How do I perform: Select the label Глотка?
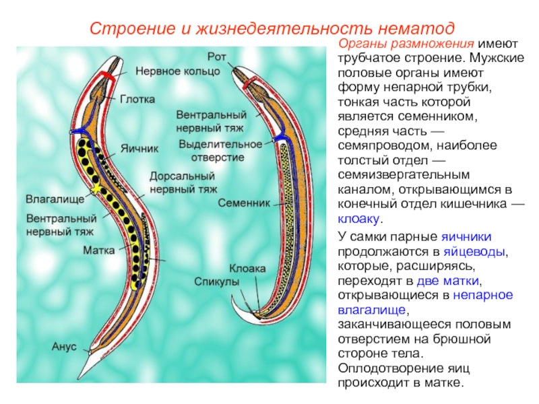point(137,99)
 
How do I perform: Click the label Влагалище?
point(55,200)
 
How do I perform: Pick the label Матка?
point(99,250)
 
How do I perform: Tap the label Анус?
point(64,347)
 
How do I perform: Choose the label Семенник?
point(244,202)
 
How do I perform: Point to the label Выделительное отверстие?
point(220,150)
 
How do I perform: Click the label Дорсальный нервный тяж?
point(181,182)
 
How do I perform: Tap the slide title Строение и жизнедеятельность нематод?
point(273,30)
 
